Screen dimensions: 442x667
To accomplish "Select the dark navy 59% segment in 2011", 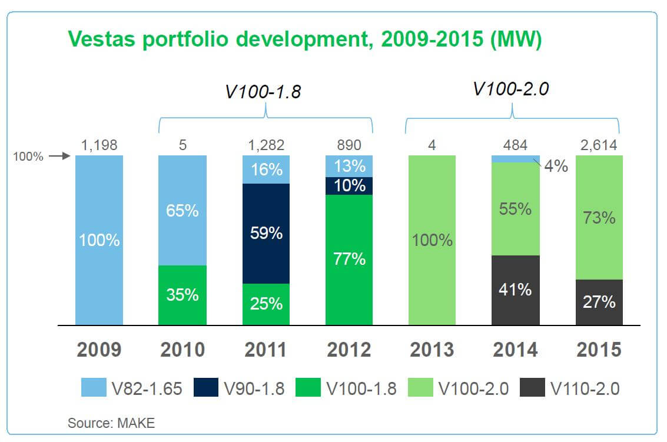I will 266,233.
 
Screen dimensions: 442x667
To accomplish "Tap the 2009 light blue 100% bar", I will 99,240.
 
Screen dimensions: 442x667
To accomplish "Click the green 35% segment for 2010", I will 182,295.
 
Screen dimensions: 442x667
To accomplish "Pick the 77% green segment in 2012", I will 349,259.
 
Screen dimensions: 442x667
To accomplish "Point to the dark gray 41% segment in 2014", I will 516,290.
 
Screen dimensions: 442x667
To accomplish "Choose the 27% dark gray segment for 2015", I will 599,302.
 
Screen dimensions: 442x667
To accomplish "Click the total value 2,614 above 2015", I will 599,145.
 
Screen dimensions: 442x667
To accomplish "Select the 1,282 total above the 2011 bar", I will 266,145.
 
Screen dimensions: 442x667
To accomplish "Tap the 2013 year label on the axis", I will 432,350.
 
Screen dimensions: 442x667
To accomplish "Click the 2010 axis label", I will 182,350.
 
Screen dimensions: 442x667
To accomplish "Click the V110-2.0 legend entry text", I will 585,388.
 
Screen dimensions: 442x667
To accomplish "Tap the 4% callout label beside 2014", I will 556,166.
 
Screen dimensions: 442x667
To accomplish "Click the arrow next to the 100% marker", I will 59,157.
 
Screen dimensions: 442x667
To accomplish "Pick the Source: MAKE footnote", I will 111,422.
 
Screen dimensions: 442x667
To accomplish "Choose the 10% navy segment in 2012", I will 349,185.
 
